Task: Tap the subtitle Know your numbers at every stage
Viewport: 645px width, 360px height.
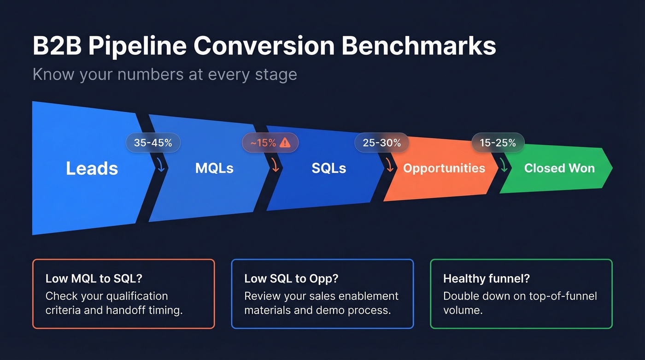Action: point(164,74)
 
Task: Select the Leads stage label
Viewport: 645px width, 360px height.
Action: point(92,168)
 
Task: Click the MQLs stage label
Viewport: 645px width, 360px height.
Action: point(214,168)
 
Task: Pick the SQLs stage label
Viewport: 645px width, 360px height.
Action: point(328,168)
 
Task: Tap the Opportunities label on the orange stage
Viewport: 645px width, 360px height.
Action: point(444,168)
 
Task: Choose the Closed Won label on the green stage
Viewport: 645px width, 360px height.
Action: point(559,168)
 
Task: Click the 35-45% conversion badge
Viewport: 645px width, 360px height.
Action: point(153,143)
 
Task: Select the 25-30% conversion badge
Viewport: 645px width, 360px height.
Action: point(381,143)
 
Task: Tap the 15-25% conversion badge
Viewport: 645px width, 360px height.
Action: point(498,143)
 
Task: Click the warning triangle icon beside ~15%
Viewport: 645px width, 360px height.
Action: point(285,143)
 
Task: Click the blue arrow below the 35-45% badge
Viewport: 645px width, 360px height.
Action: point(161,165)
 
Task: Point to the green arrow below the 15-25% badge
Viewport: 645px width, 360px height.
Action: point(504,165)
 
